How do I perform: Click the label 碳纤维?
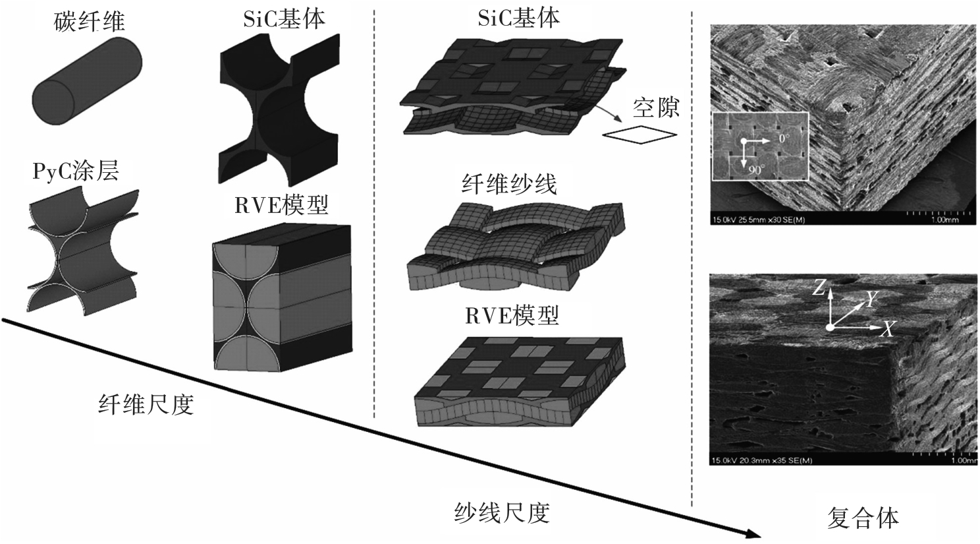pos(90,22)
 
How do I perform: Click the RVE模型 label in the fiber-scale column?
pos(282,206)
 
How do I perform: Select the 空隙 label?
pos(655,107)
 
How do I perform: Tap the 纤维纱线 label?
pos(509,184)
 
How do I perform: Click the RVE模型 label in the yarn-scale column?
pos(512,315)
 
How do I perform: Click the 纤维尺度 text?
pos(146,404)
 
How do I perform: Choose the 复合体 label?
pos(863,518)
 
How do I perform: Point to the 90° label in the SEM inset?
pos(755,169)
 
